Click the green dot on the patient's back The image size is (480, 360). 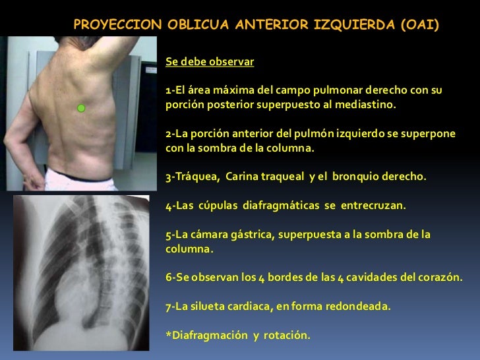pyautogui.click(x=81, y=107)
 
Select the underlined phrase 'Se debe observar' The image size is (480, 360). pyautogui.click(x=210, y=63)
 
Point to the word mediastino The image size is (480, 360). pyautogui.click(x=369, y=105)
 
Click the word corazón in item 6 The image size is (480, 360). pyautogui.click(x=442, y=278)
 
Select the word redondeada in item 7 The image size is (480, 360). pyautogui.click(x=359, y=306)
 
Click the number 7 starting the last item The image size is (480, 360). pyautogui.click(x=168, y=306)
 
